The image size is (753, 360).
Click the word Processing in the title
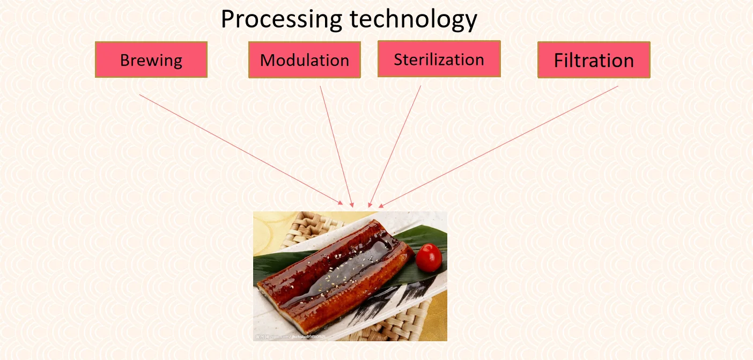click(282, 20)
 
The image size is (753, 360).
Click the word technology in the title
click(413, 20)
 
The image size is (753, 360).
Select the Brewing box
click(151, 60)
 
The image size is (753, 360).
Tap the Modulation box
click(304, 60)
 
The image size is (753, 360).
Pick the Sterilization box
click(439, 59)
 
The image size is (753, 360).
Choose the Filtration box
click(594, 60)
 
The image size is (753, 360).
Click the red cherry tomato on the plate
click(429, 257)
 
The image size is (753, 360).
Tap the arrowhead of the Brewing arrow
click(341, 203)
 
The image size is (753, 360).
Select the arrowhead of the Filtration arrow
click(381, 205)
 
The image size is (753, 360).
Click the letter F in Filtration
click(559, 60)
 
